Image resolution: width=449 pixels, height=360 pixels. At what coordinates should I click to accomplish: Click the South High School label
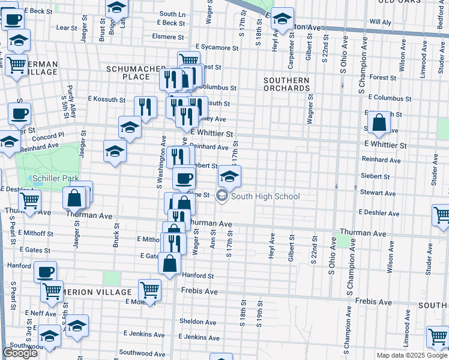click(265, 196)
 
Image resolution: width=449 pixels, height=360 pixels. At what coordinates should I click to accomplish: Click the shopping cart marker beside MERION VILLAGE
click(149, 290)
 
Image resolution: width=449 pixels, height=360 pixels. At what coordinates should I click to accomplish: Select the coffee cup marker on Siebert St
click(184, 178)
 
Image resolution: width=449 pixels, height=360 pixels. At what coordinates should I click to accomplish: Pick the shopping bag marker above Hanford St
click(170, 263)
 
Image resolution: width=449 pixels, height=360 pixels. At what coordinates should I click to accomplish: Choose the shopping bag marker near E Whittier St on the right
click(379, 123)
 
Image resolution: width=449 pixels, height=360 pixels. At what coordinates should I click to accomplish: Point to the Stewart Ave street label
click(378, 193)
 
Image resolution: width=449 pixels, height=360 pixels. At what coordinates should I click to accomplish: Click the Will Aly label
click(380, 22)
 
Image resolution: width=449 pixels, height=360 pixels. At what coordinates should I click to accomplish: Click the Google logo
click(20, 353)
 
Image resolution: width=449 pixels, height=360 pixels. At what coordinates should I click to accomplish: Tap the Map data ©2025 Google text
click(411, 355)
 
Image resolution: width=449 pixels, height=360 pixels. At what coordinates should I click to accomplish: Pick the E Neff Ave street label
click(41, 314)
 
